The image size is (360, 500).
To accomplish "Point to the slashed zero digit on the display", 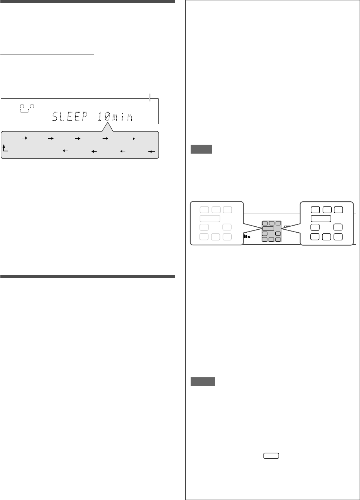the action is [107, 118].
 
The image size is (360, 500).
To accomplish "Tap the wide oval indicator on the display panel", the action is [25, 111].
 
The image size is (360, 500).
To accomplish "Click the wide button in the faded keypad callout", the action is [210, 218].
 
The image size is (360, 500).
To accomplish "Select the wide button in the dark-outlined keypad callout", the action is [321, 218].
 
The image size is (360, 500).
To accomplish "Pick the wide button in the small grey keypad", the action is [268, 229].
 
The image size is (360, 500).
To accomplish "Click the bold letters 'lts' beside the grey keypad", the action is [246, 237].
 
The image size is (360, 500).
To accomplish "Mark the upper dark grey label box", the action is [201, 150].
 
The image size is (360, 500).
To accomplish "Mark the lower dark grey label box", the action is [203, 382].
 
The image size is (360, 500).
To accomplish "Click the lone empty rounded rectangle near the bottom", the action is [271, 456].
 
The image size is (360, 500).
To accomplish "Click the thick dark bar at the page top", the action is [87, 1].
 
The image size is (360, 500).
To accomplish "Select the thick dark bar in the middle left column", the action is [87, 276].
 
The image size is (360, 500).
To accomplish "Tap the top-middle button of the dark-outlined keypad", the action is [327, 210].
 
